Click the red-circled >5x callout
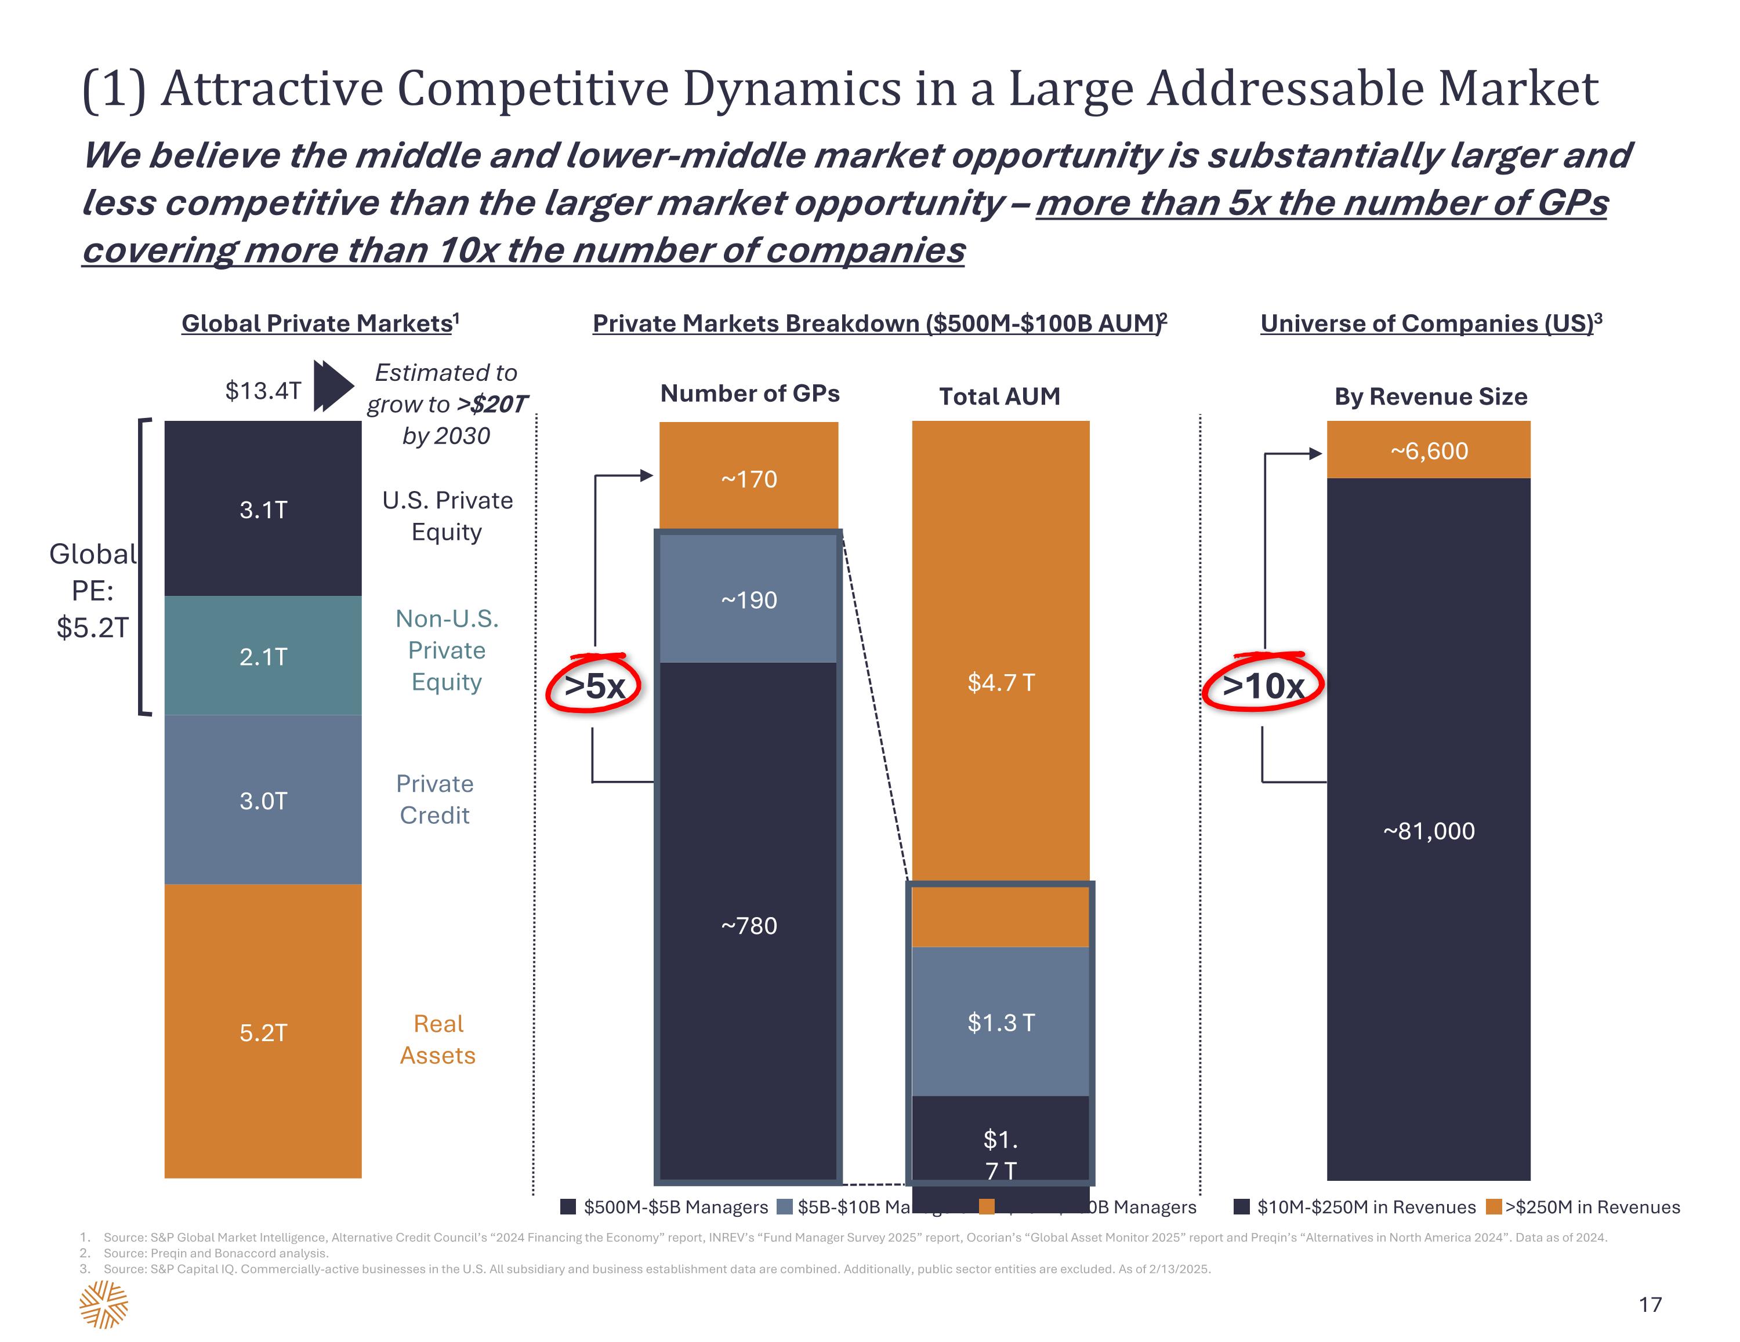(594, 686)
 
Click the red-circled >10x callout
(1263, 686)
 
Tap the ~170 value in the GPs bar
(749, 479)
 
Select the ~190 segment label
(749, 600)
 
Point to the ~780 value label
(749, 925)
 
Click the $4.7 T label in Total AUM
(1000, 682)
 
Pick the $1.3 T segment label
(1000, 1023)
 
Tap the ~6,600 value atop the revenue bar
(1429, 452)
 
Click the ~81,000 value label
(1429, 831)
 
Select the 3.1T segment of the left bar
(263, 510)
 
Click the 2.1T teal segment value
(263, 657)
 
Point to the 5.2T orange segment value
(263, 1033)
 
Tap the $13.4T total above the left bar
(263, 390)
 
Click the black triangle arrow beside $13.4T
(332, 385)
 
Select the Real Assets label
(438, 1039)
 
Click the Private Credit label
(435, 799)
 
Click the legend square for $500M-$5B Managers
(568, 1206)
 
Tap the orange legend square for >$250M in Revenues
(1494, 1206)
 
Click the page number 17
(1650, 1304)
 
